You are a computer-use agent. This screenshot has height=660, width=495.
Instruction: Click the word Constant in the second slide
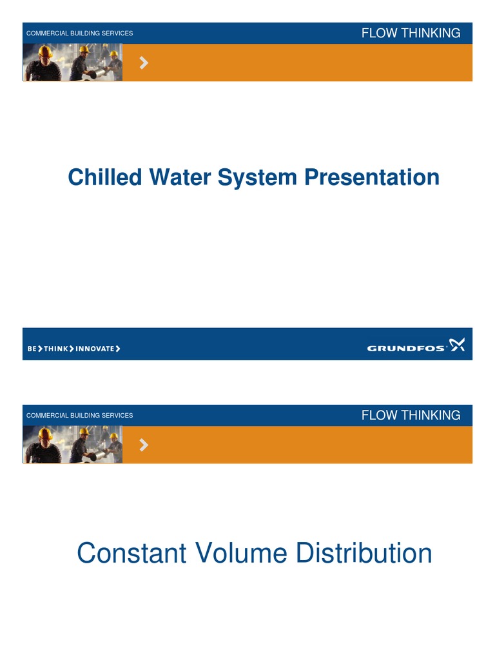pyautogui.click(x=133, y=554)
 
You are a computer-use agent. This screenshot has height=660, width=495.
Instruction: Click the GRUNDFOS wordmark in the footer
pyautogui.click(x=406, y=349)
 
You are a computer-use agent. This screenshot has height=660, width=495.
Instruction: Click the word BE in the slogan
pyautogui.click(x=32, y=349)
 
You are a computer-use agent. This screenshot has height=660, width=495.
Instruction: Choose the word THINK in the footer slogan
pyautogui.click(x=56, y=349)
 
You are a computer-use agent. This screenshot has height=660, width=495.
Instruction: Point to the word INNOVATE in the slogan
pyautogui.click(x=95, y=349)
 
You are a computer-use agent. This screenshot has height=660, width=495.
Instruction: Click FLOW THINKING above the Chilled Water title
pyautogui.click(x=411, y=34)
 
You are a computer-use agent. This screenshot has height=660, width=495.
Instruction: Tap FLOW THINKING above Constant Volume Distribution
pyautogui.click(x=411, y=416)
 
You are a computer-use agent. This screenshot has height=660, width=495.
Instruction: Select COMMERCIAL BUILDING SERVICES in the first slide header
pyautogui.click(x=79, y=34)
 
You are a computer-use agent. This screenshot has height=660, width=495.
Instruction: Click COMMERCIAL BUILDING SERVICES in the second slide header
pyautogui.click(x=79, y=416)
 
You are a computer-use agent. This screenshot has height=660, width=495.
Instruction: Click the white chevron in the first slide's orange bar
pyautogui.click(x=144, y=63)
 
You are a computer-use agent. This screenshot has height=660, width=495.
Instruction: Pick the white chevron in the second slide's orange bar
pyautogui.click(x=144, y=445)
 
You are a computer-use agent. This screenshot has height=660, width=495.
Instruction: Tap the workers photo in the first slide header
pyautogui.click(x=72, y=63)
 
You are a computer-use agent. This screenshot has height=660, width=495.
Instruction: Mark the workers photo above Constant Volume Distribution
pyautogui.click(x=72, y=445)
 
